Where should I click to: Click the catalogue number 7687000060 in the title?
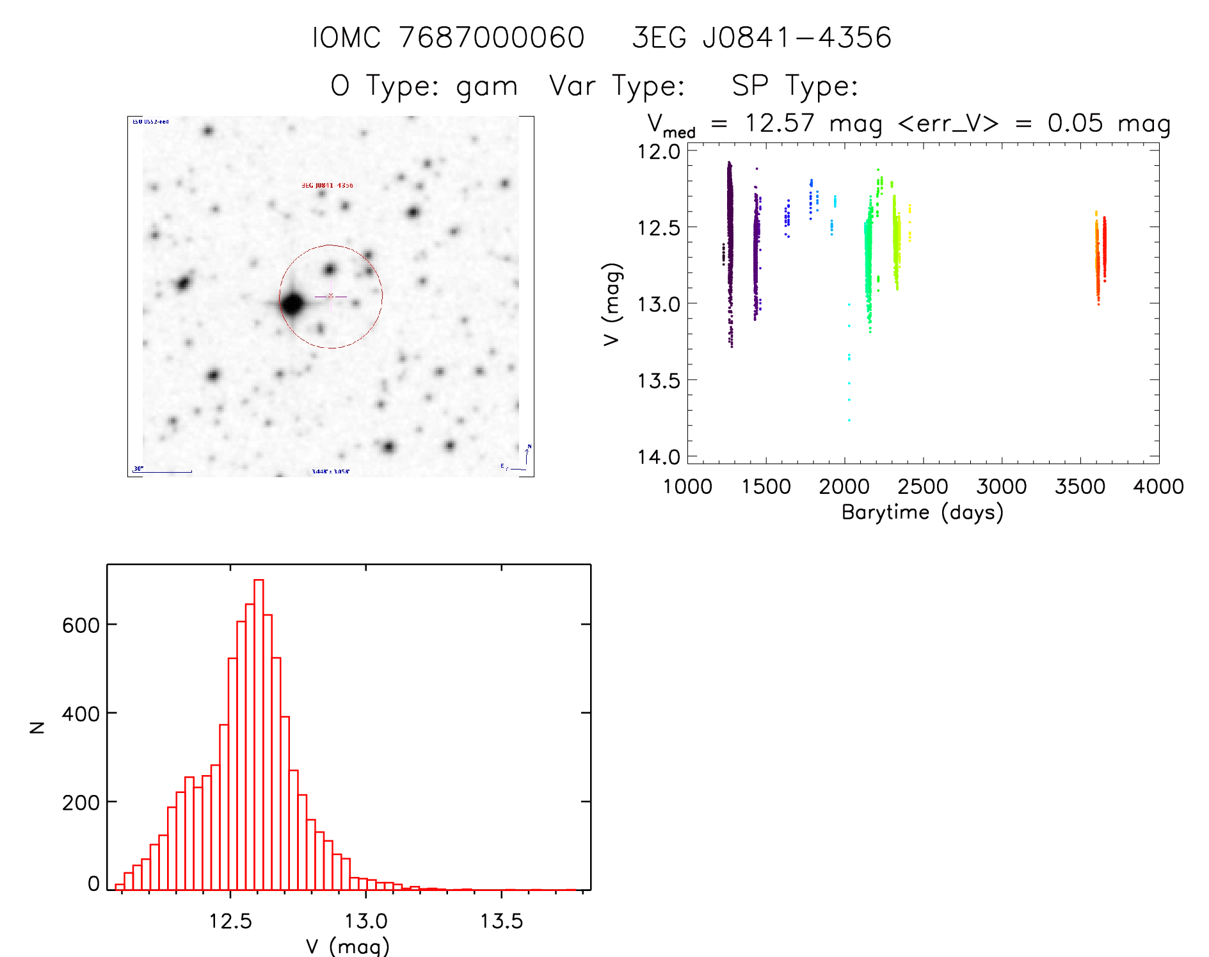pyautogui.click(x=492, y=38)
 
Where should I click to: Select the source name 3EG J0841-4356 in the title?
pyautogui.click(x=762, y=38)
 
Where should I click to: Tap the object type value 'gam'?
pyautogui.click(x=486, y=86)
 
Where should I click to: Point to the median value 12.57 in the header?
pyautogui.click(x=780, y=123)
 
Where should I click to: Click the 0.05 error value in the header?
pyautogui.click(x=1075, y=123)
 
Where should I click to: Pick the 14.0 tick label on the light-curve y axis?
pyautogui.click(x=659, y=457)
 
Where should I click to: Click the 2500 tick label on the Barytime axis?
pyautogui.click(x=923, y=487)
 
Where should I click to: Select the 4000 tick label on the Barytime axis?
pyautogui.click(x=1158, y=487)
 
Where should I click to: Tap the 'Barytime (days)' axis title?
pyautogui.click(x=922, y=512)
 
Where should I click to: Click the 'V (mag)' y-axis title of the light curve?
pyautogui.click(x=612, y=304)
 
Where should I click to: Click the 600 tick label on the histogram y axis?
pyautogui.click(x=81, y=625)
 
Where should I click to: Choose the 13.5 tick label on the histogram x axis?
pyautogui.click(x=501, y=922)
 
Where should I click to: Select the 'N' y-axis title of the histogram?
pyautogui.click(x=37, y=727)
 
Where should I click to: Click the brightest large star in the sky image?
pyautogui.click(x=292, y=304)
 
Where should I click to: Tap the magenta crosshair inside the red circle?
pyautogui.click(x=330, y=296)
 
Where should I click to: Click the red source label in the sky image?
pyautogui.click(x=327, y=185)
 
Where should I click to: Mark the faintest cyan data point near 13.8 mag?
pyautogui.click(x=849, y=420)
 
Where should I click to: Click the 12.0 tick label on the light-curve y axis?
pyautogui.click(x=659, y=152)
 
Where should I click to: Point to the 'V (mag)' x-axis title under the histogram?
pyautogui.click(x=348, y=946)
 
